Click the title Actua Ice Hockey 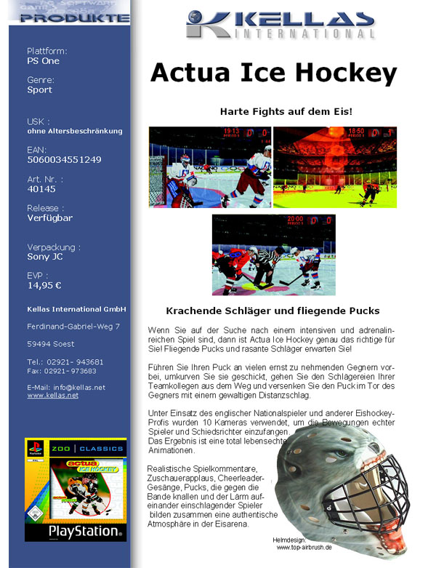pos(273,73)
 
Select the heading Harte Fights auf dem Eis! pos(286,112)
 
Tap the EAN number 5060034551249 pos(64,159)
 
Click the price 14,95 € pos(44,286)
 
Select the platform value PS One pos(43,61)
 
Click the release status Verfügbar pos(49,217)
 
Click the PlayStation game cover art pos(76,489)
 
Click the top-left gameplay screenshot pos(209,167)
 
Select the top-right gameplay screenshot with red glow pos(335,167)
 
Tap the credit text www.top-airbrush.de pos(304,548)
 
